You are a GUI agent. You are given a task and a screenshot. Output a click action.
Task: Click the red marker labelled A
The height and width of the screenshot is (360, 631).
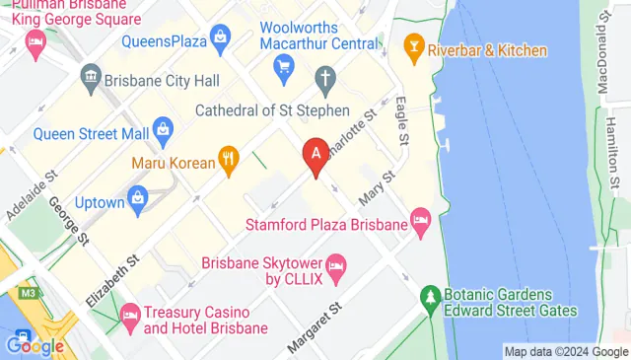pyautogui.click(x=315, y=156)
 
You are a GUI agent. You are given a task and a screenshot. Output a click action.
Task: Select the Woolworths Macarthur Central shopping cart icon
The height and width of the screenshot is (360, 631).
pyautogui.click(x=285, y=67)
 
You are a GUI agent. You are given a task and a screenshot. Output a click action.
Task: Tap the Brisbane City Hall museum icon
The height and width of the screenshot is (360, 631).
pyautogui.click(x=92, y=76)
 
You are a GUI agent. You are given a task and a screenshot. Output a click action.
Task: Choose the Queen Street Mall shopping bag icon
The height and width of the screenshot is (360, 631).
pyautogui.click(x=164, y=127)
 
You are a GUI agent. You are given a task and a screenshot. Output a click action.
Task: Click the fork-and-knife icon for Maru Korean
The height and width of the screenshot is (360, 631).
pyautogui.click(x=229, y=156)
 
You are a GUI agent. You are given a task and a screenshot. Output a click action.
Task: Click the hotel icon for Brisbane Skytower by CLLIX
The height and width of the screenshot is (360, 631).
pyautogui.click(x=336, y=264)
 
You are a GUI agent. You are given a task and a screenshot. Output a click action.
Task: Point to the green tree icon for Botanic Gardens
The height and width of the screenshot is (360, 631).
pyautogui.click(x=430, y=296)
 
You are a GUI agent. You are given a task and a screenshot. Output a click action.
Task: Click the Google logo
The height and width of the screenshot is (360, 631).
pyautogui.click(x=34, y=346)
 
